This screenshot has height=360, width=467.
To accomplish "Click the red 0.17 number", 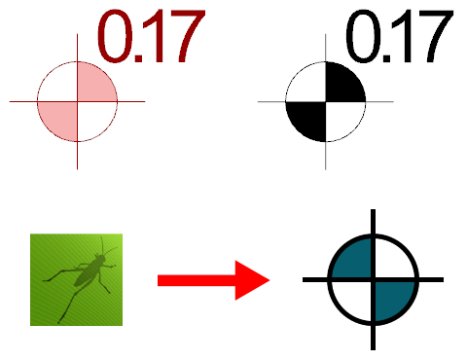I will [x=151, y=38].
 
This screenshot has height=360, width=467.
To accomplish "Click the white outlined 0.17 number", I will [x=399, y=38].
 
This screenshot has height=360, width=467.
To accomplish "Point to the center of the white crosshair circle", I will [x=326, y=101].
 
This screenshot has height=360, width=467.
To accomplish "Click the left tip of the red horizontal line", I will [x=11, y=101].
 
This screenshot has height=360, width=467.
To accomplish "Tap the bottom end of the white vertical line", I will [x=326, y=167].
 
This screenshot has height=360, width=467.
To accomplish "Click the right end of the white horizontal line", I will [x=392, y=101].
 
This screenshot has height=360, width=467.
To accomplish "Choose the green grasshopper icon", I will [x=76, y=279].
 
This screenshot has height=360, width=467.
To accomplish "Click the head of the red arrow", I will [x=255, y=280].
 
